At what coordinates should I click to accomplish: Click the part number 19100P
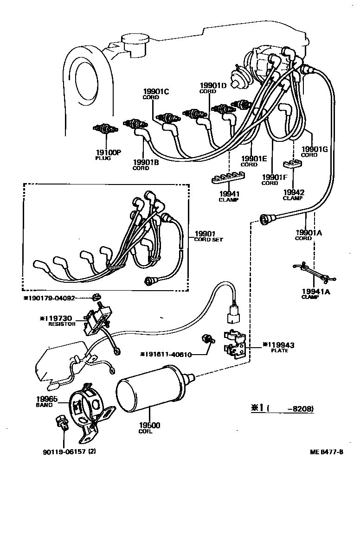[108, 152]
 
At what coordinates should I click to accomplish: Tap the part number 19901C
[155, 92]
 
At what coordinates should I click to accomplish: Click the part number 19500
[149, 425]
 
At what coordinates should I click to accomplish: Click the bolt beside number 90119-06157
[60, 423]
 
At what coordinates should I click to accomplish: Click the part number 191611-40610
[166, 355]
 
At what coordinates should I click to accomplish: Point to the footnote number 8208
[302, 408]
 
